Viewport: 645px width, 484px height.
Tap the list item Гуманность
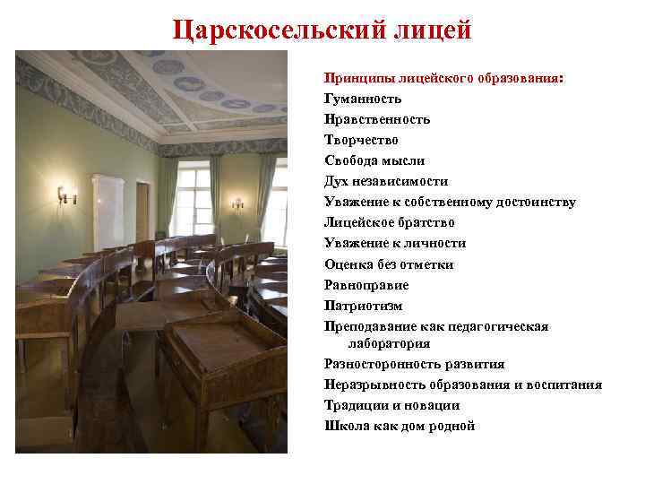(363, 99)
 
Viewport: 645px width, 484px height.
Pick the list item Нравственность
(377, 119)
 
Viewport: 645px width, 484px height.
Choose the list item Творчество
(361, 140)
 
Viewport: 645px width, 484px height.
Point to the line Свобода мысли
(374, 160)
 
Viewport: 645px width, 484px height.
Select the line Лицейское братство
(389, 222)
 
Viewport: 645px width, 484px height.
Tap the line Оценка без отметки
(389, 264)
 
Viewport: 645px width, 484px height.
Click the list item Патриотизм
(363, 306)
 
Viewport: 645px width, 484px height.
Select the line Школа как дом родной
(399, 426)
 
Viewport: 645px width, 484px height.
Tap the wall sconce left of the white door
(64, 194)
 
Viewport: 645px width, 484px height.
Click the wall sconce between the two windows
(236, 203)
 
